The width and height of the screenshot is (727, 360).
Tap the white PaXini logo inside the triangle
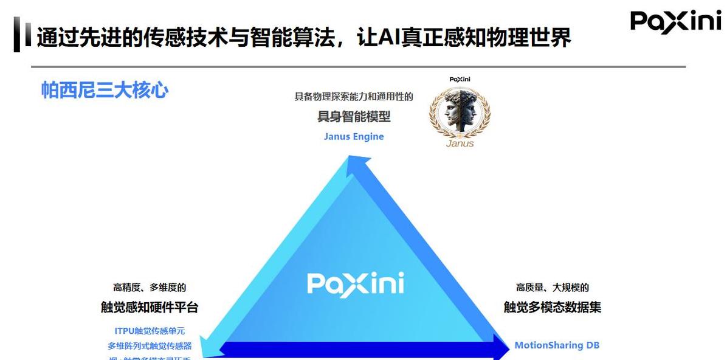coord(356,284)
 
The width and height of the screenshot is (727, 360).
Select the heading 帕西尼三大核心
coord(105,90)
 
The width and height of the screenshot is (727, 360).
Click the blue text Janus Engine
coord(354,136)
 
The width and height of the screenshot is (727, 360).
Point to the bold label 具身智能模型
coord(354,116)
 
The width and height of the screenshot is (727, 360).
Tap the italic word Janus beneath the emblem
coord(460,144)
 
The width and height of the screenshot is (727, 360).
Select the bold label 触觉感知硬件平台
coord(150,307)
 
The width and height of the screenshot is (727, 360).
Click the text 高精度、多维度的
coord(150,287)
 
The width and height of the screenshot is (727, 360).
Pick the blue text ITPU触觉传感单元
coord(150,331)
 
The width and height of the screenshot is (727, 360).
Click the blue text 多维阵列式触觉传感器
coord(150,345)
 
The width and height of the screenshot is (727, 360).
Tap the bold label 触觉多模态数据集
coord(553,307)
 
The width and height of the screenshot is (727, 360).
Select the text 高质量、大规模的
coord(553,287)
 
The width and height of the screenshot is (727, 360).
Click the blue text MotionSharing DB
coord(557,345)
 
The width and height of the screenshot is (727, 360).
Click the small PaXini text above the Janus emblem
coord(460,79)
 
